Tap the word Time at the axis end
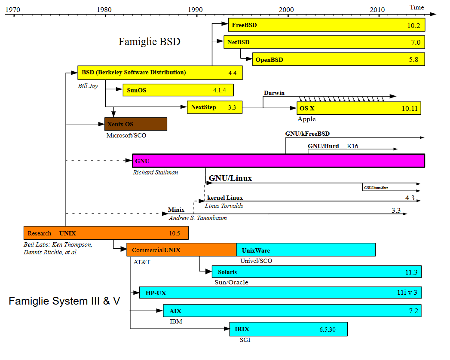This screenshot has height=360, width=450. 416,7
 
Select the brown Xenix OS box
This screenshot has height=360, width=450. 136,124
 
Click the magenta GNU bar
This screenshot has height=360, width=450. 278,161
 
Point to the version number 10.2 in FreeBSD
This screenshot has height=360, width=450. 413,25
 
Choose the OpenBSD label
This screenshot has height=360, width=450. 269,60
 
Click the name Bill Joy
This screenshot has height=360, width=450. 88,86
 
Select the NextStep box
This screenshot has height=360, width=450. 214,107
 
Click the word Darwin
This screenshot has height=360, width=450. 274,93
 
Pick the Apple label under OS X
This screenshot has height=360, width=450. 306,119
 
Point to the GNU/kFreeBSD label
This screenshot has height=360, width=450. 307,134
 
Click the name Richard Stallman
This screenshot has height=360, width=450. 155,172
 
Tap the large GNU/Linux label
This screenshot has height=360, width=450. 230,178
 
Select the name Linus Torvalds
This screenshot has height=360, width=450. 224,206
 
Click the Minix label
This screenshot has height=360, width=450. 176,210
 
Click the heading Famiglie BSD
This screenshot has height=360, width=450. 149,42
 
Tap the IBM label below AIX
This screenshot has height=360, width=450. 176,321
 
